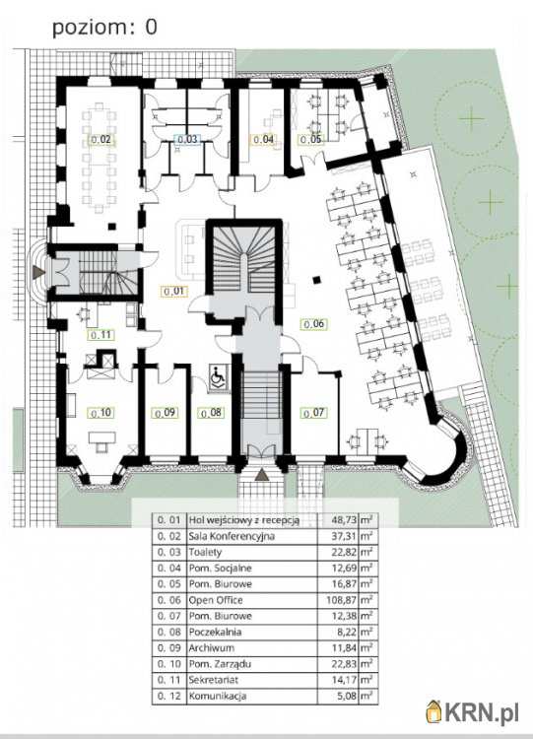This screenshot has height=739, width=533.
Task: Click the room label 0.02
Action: pyautogui.click(x=100, y=140)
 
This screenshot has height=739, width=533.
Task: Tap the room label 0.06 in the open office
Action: pyautogui.click(x=314, y=324)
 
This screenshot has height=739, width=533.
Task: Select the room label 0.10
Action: pyautogui.click(x=100, y=413)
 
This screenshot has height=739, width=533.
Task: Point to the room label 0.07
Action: pyautogui.click(x=313, y=413)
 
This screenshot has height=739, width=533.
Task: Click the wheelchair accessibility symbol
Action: pyautogui.click(x=218, y=377)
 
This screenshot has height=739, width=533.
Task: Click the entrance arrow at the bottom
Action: pyautogui.click(x=262, y=475)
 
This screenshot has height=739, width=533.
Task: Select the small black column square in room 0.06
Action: pyautogui.click(x=317, y=280)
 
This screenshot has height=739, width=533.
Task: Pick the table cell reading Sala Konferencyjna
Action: pyautogui.click(x=232, y=536)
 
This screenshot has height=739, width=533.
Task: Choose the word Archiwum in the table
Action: pyautogui.click(x=211, y=648)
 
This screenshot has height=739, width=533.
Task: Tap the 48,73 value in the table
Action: pyautogui.click(x=345, y=520)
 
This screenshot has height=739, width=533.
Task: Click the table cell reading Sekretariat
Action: pyautogui.click(x=213, y=680)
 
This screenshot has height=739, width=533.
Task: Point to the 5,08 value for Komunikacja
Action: pyautogui.click(x=347, y=696)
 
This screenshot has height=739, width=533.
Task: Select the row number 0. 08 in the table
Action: pyautogui.click(x=168, y=632)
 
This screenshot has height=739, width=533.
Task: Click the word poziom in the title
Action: pyautogui.click(x=90, y=28)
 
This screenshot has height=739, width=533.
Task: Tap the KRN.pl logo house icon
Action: pyautogui.click(x=434, y=711)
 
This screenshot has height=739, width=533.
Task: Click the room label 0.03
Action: pyautogui.click(x=187, y=140)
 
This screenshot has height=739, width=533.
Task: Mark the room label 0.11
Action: pyautogui.click(x=100, y=335)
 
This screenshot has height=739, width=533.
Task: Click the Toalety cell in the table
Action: pyautogui.click(x=205, y=553)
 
